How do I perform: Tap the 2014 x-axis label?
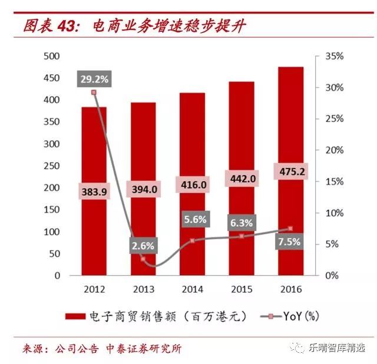point(192,289)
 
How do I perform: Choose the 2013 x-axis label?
point(143,289)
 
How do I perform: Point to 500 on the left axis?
point(53,56)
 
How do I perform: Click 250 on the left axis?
point(53,144)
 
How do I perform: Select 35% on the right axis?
point(333,56)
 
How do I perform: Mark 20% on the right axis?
point(333,150)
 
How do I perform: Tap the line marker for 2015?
point(242,236)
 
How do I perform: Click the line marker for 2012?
point(94,92)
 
